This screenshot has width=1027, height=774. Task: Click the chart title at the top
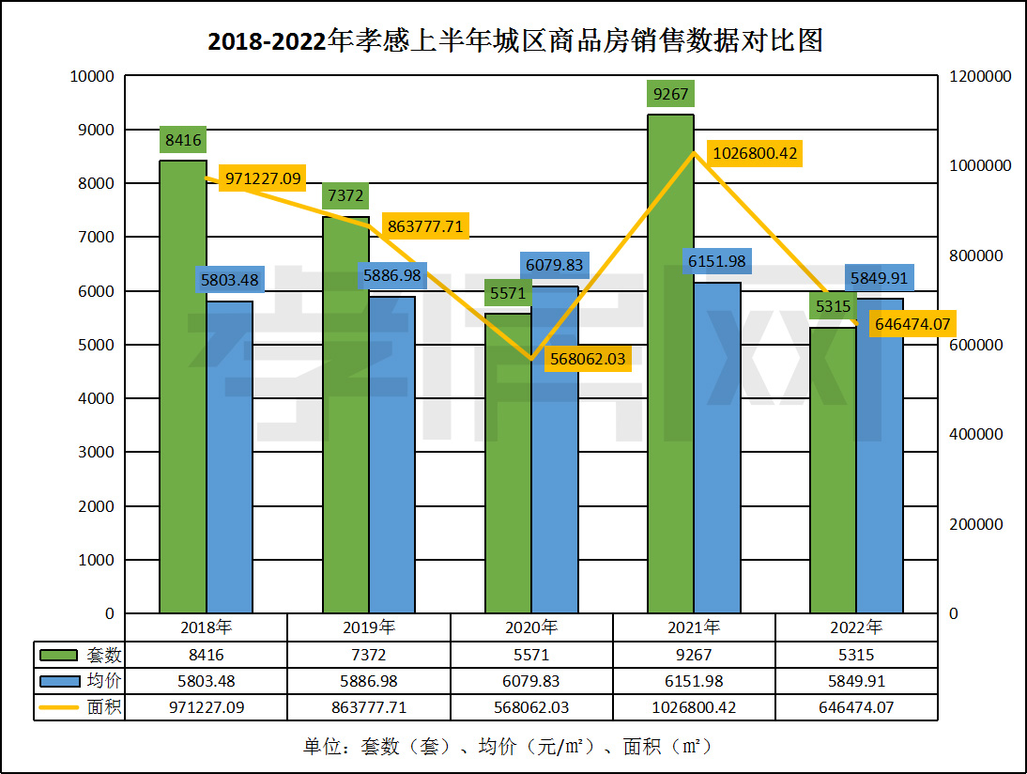click(513, 41)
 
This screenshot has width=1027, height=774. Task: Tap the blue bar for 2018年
click(230, 460)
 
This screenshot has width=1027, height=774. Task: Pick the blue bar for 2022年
click(880, 460)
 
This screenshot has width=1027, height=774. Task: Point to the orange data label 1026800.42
click(754, 153)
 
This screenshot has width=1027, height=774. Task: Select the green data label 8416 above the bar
click(183, 141)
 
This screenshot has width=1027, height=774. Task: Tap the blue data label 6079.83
click(554, 265)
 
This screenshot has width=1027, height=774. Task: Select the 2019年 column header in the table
click(369, 627)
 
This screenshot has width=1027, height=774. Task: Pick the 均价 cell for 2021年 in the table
click(695, 681)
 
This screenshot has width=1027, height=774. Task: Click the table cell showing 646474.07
click(856, 707)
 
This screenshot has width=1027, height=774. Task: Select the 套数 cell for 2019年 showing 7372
click(369, 655)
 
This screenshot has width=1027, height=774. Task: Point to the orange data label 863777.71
click(424, 226)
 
